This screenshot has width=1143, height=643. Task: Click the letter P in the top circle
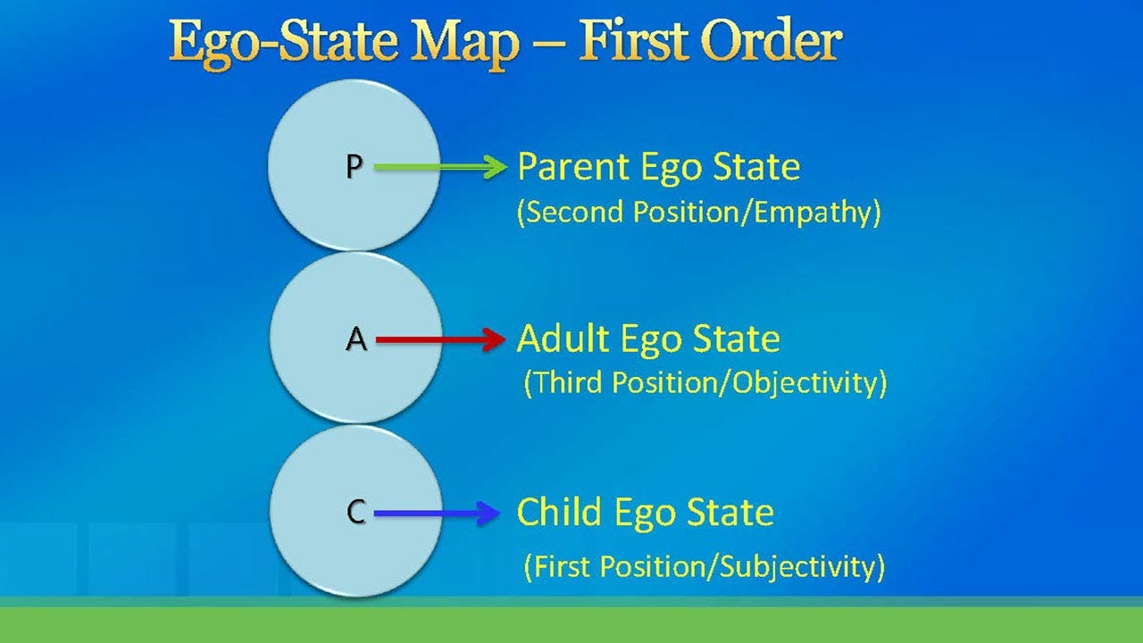click(x=354, y=167)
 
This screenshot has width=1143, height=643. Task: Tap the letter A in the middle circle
click(x=355, y=339)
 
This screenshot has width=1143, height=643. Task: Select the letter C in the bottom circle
click(x=355, y=513)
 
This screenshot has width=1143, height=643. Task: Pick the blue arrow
click(x=438, y=513)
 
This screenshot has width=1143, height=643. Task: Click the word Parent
click(x=573, y=167)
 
